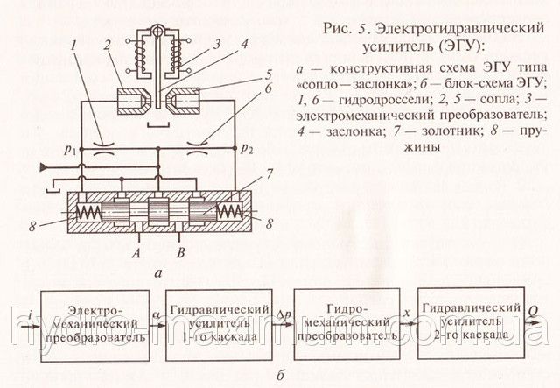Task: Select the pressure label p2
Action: pos(250,149)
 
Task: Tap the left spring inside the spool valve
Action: pos(90,212)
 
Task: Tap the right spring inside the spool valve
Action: pos(230,212)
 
